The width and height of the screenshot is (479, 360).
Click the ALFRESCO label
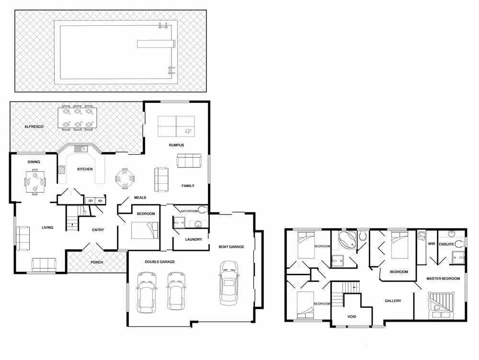34,126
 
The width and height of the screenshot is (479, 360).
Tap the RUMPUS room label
176,145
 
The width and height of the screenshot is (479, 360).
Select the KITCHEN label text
85,169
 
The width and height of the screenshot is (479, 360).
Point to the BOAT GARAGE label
231,247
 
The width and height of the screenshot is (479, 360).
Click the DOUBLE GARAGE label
160,262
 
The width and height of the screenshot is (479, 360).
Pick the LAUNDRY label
193,239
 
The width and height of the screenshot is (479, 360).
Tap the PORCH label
97,262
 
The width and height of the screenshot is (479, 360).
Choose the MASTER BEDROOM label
443,278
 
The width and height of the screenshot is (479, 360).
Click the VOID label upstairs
352,317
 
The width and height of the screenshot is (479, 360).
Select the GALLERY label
393,301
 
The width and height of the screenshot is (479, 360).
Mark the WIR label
431,244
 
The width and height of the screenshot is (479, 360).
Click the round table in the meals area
125,179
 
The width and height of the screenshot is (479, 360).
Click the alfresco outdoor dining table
77,118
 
